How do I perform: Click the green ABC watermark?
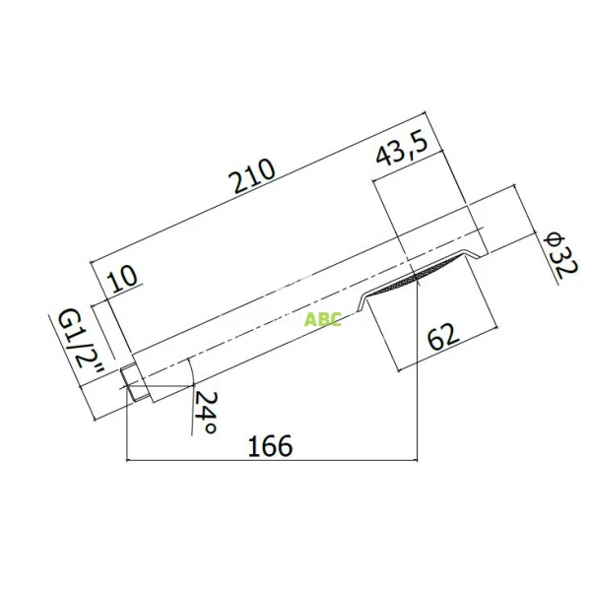(x=322, y=320)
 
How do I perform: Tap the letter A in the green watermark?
(x=310, y=320)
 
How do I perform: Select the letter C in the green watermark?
(x=335, y=320)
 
